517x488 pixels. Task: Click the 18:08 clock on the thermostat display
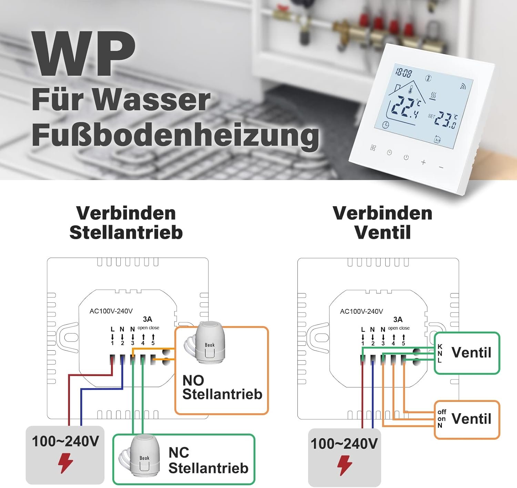tap(403, 73)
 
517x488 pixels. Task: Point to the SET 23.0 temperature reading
tap(443, 120)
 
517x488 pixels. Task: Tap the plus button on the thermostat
tap(423, 162)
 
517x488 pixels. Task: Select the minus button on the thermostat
tap(441, 167)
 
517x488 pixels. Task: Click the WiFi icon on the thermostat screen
tap(463, 86)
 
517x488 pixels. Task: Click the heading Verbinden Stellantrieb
tap(126, 222)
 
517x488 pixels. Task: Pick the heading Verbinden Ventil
tap(383, 222)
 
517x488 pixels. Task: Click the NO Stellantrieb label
tap(222, 387)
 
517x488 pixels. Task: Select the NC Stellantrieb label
tap(208, 460)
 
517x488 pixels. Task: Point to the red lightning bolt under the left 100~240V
tap(65, 463)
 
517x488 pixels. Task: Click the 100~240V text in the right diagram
tap(344, 444)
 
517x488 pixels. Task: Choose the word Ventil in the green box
tap(471, 353)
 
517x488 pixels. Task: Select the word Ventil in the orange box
tap(471, 419)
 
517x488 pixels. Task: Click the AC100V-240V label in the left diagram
tap(111, 311)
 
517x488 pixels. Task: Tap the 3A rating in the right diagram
tap(398, 320)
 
